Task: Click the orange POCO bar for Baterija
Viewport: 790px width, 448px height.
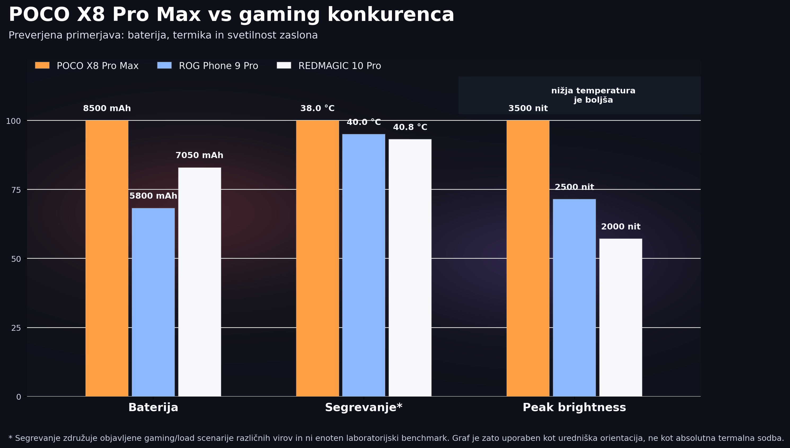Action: click(107, 258)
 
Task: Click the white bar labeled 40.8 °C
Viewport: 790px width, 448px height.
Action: click(410, 268)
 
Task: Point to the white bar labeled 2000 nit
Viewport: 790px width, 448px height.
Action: click(621, 317)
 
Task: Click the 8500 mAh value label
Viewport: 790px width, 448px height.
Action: click(107, 108)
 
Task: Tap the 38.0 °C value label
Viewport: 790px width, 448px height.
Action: click(317, 108)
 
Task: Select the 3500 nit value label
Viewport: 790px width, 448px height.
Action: click(528, 108)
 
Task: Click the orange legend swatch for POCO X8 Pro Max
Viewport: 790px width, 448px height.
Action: click(42, 66)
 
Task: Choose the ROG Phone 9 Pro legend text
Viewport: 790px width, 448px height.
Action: click(218, 66)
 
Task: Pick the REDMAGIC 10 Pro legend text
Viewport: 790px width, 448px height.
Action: click(339, 66)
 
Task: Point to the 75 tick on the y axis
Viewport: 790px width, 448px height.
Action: click(16, 190)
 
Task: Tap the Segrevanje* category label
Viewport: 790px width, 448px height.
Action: click(364, 407)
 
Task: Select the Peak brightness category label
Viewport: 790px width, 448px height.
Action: click(574, 407)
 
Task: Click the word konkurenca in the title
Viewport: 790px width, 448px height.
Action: click(390, 15)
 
